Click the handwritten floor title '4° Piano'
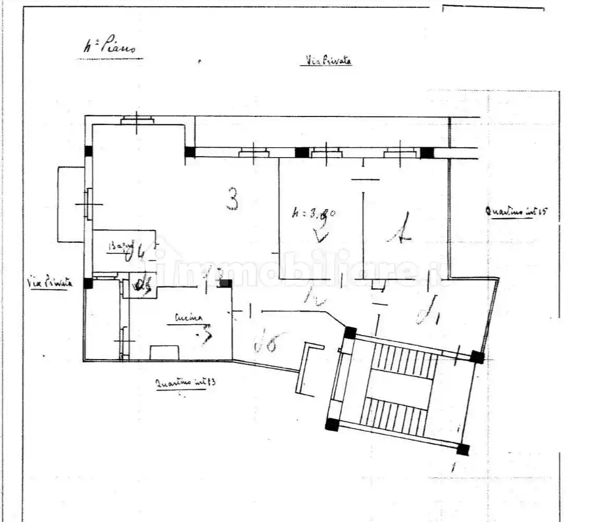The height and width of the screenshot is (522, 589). pyautogui.click(x=109, y=48)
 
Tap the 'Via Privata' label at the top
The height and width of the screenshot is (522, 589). pyautogui.click(x=326, y=61)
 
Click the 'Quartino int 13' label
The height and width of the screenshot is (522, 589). pyautogui.click(x=186, y=383)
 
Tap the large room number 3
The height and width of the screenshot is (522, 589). pyautogui.click(x=233, y=199)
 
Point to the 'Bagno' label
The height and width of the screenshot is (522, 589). pyautogui.click(x=121, y=246)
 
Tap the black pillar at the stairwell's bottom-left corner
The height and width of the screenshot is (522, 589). pyautogui.click(x=332, y=424)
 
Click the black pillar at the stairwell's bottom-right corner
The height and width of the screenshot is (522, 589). pyautogui.click(x=462, y=449)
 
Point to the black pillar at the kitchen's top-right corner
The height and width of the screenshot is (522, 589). pyautogui.click(x=225, y=283)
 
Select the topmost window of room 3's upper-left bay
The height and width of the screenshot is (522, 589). pyautogui.click(x=137, y=121)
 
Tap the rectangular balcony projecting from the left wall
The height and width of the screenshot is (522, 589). pyautogui.click(x=70, y=204)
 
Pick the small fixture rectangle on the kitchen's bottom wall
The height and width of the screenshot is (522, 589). pyautogui.click(x=164, y=352)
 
